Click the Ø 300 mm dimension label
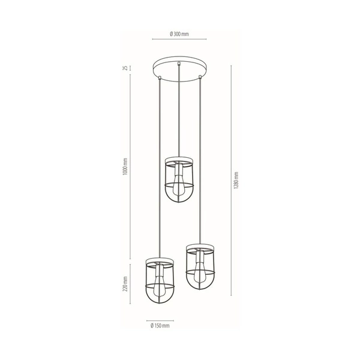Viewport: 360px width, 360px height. (179, 33)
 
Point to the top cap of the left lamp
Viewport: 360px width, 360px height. (159, 259)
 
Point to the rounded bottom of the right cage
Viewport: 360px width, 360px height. (198, 285)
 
